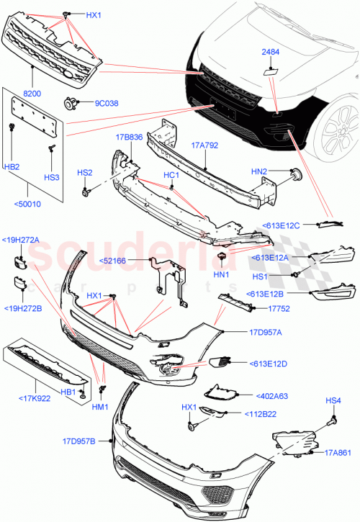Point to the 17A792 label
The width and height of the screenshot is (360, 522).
click(x=204, y=145)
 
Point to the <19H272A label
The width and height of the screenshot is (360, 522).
click(x=20, y=240)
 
